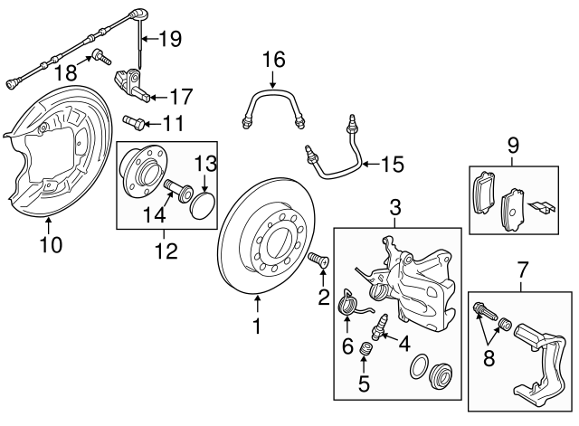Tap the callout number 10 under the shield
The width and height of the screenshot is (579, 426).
(52, 245)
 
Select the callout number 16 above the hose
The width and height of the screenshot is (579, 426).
(273, 60)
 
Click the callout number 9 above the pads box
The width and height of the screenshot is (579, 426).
(512, 143)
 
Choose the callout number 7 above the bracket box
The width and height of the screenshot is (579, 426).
(520, 268)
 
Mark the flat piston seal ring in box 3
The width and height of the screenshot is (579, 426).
(421, 369)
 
